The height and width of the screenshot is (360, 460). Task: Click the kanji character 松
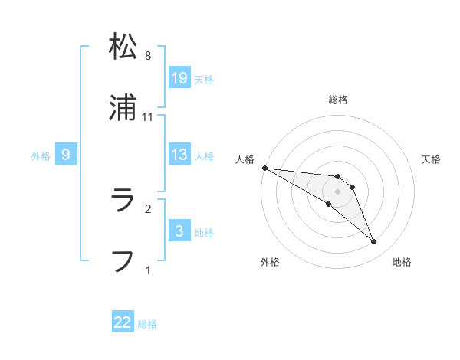pos(123,47)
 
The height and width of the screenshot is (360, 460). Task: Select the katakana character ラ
pos(123,201)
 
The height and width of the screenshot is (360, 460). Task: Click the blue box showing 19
pos(179,77)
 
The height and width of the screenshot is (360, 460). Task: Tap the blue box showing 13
pos(179,155)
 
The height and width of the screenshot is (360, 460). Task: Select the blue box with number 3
pos(179,231)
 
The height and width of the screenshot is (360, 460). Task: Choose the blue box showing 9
pos(66,155)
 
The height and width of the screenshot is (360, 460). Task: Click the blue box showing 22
pos(123,322)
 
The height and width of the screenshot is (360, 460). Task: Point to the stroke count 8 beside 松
pos(148,56)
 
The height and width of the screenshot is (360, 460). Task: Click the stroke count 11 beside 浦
pos(148,116)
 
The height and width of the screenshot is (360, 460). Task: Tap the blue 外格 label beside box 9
pos(41,155)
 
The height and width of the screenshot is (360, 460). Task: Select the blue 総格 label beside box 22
pos(147,324)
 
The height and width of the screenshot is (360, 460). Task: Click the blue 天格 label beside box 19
pos(204,79)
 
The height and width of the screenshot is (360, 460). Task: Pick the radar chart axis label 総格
pos(337,100)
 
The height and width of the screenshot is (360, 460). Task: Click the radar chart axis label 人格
pos(245,159)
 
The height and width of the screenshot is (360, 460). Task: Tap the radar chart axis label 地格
pos(402,262)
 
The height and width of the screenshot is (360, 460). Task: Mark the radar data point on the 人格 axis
pos(264,168)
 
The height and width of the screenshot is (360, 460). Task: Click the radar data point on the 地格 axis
pos(373,242)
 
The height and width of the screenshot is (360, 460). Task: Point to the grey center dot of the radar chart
pos(337,191)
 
